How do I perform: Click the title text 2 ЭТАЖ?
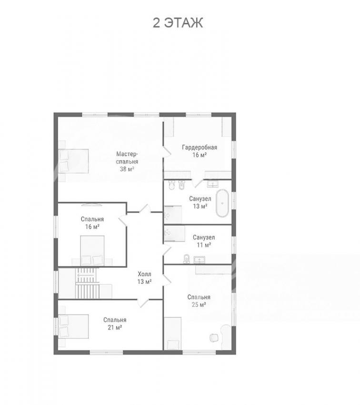point(178,23)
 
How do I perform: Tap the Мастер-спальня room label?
point(127,158)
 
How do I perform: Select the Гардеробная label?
point(200,147)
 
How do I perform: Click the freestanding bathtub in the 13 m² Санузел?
point(222,203)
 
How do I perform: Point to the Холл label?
point(144,274)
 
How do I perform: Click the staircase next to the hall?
point(87,283)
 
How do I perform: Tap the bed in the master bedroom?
point(73,161)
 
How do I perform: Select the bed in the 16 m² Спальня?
point(92,251)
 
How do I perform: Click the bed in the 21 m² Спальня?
point(73,326)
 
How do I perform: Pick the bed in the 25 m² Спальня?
point(173,334)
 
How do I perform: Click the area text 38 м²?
point(127,169)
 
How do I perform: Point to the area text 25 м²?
point(199,305)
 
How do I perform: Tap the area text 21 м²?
point(115,327)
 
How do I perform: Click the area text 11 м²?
point(204,244)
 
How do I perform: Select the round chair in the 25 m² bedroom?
point(214,338)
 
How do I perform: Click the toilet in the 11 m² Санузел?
point(186,259)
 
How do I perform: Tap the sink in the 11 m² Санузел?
point(200,260)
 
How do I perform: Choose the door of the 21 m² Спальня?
point(143,302)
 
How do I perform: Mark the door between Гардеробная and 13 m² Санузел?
point(198,182)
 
